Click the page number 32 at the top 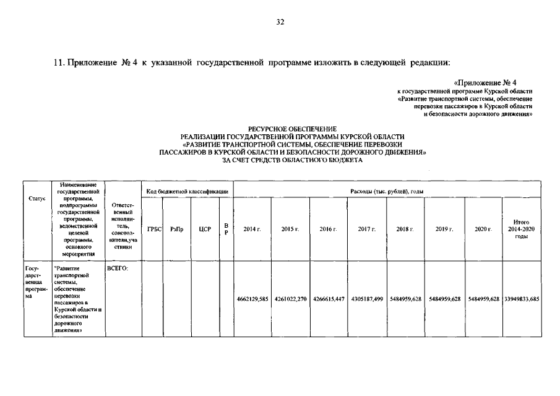(280, 23)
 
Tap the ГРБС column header (154, 229)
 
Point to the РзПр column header (176, 229)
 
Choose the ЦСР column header (205, 229)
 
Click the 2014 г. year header (252, 229)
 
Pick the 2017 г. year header (367, 229)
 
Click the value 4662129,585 (252, 299)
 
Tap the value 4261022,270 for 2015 (291, 299)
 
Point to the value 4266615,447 (329, 299)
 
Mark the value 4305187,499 (367, 299)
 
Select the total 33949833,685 (521, 299)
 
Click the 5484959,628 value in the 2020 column (483, 299)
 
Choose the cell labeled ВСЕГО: (118, 269)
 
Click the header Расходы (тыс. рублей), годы (387, 192)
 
